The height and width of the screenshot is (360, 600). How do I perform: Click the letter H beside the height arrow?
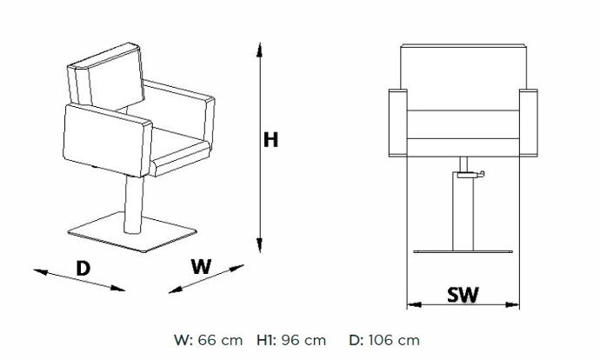(x=270, y=140)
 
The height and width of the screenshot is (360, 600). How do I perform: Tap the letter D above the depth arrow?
(x=83, y=268)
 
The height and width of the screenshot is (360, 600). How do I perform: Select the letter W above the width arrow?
(x=201, y=266)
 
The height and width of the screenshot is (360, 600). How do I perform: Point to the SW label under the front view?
(x=463, y=295)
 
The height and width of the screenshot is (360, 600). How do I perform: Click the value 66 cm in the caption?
(x=220, y=340)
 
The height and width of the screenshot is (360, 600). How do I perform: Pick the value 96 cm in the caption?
(x=303, y=340)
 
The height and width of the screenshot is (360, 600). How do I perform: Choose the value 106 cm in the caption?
(x=394, y=340)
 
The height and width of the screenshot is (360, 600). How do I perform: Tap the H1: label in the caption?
(x=266, y=340)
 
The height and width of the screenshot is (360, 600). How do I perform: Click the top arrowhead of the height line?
(x=259, y=50)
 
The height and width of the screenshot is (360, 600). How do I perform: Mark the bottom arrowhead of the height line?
(x=259, y=245)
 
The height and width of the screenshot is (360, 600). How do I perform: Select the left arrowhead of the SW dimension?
(x=414, y=305)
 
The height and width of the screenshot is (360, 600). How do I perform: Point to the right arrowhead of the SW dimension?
(x=512, y=305)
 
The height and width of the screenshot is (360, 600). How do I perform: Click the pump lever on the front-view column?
(x=470, y=176)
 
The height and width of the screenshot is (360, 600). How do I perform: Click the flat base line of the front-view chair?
(x=463, y=251)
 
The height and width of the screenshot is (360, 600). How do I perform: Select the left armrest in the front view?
(x=398, y=123)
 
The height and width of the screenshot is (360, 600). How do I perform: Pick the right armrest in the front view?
(x=529, y=123)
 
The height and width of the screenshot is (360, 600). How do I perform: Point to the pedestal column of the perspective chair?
(x=134, y=204)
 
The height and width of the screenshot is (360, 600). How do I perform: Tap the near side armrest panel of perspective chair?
(x=107, y=140)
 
